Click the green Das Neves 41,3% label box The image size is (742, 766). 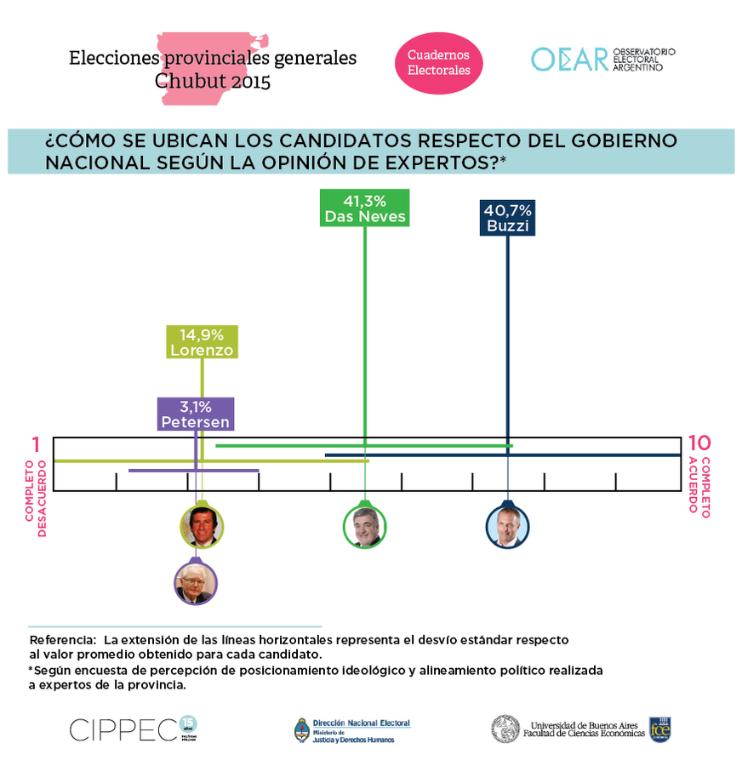[x=365, y=209]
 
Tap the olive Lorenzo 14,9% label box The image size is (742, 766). [x=202, y=342]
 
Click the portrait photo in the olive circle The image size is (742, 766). [x=202, y=526]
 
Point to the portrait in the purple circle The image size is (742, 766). [x=195, y=582]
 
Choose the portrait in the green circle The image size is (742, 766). [x=365, y=526]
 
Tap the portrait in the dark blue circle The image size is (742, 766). [x=507, y=526]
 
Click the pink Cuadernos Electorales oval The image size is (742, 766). [x=438, y=62]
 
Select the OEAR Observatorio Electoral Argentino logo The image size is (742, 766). [x=603, y=59]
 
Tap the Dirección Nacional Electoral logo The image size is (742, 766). [x=352, y=729]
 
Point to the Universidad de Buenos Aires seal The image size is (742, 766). [x=505, y=729]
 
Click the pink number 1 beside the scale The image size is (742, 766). [x=37, y=444]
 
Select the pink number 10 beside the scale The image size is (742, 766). [x=699, y=443]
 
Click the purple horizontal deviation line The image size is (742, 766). [x=193, y=471]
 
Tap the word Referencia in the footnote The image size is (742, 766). [x=61, y=639]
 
